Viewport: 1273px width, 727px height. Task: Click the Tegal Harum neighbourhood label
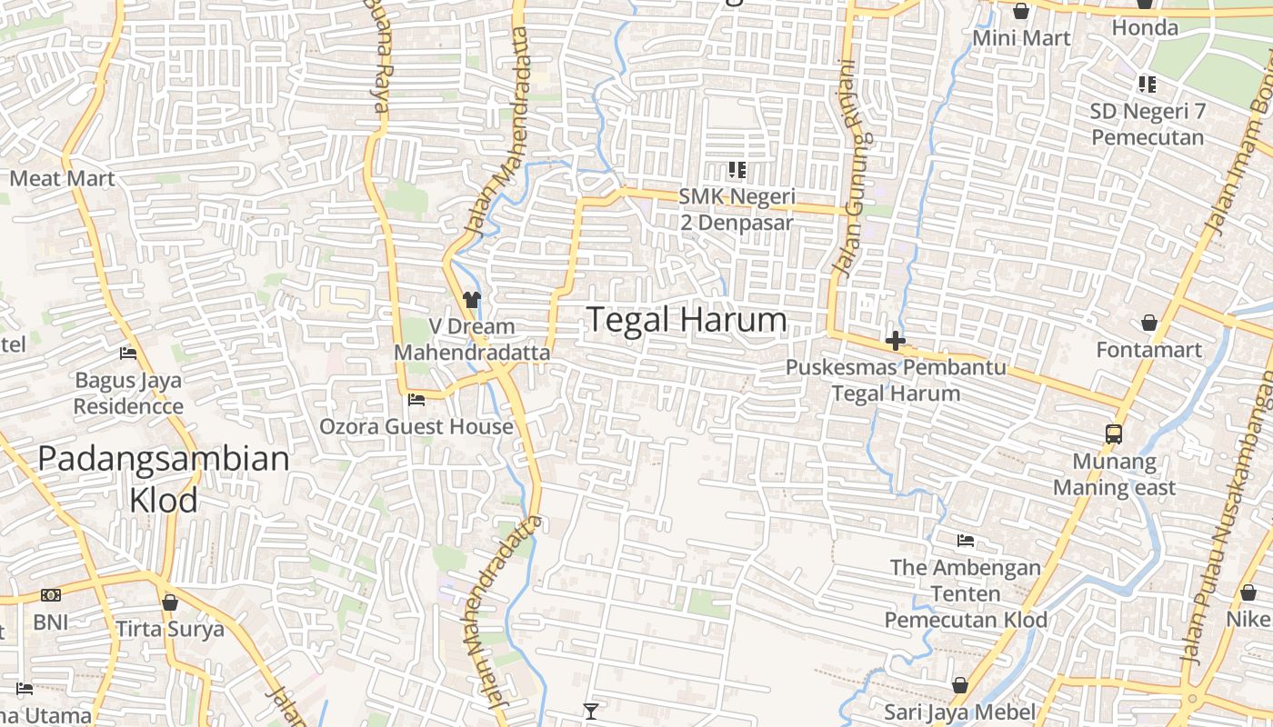(x=687, y=320)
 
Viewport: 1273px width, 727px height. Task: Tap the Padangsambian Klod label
(x=164, y=479)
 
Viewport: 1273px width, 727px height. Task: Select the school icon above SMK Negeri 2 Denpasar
(x=737, y=169)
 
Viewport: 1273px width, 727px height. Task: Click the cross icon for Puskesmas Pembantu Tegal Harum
(x=896, y=342)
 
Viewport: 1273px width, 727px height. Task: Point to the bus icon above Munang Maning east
(x=1114, y=433)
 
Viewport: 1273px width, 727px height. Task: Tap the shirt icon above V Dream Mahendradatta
(x=471, y=299)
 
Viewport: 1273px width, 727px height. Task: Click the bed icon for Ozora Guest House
(x=416, y=399)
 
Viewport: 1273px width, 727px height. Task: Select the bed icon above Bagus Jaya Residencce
(x=128, y=353)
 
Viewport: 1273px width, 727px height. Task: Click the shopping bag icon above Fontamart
(x=1149, y=323)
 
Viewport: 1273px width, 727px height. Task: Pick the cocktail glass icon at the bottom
(x=591, y=711)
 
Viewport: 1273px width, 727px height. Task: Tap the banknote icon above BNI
(x=51, y=595)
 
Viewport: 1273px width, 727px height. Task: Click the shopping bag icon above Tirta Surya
(x=170, y=602)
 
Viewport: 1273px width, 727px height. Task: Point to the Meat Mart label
(x=63, y=178)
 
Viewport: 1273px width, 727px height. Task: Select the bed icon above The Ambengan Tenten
(x=966, y=541)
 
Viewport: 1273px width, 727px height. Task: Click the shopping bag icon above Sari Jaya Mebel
(x=960, y=684)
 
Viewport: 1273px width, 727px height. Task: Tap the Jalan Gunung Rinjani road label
(x=849, y=168)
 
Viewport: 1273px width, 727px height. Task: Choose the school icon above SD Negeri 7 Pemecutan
(x=1148, y=85)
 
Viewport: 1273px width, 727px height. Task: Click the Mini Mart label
(x=1022, y=38)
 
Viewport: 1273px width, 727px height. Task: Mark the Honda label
(x=1146, y=27)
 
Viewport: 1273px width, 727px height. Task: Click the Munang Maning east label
(x=1115, y=474)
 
